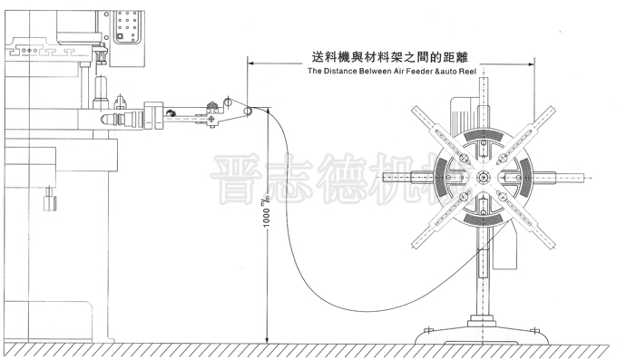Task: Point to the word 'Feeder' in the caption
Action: (x=427, y=69)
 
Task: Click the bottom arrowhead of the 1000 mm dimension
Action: (x=268, y=342)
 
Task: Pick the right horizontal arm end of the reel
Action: (x=582, y=178)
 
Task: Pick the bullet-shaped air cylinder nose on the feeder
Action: (x=119, y=119)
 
